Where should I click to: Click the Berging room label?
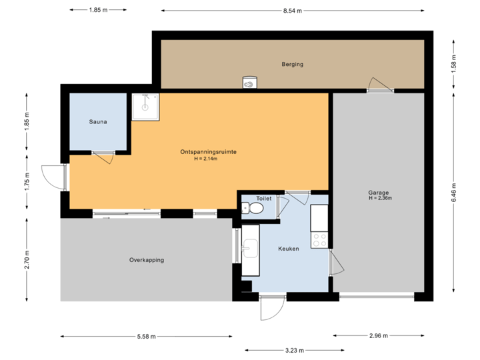pyautogui.click(x=292, y=65)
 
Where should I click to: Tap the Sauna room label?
pyautogui.click(x=98, y=122)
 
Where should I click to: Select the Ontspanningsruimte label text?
pyautogui.click(x=208, y=152)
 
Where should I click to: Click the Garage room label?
pyautogui.click(x=378, y=193)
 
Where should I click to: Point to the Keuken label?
pyautogui.click(x=288, y=249)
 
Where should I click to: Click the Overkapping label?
pyautogui.click(x=147, y=260)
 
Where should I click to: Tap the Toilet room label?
pyautogui.click(x=264, y=199)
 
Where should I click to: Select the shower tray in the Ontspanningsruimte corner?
pyautogui.click(x=145, y=107)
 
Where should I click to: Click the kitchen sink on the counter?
pyautogui.click(x=250, y=250)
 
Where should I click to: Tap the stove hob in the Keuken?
pyautogui.click(x=319, y=239)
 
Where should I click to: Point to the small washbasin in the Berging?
pyautogui.click(x=249, y=83)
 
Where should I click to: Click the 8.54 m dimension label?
pyautogui.click(x=293, y=11)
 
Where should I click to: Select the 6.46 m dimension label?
pyautogui.click(x=454, y=191)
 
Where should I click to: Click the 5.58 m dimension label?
pyautogui.click(x=146, y=337)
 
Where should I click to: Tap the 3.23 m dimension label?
pyautogui.click(x=295, y=349)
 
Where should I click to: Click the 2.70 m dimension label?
pyautogui.click(x=27, y=259)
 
